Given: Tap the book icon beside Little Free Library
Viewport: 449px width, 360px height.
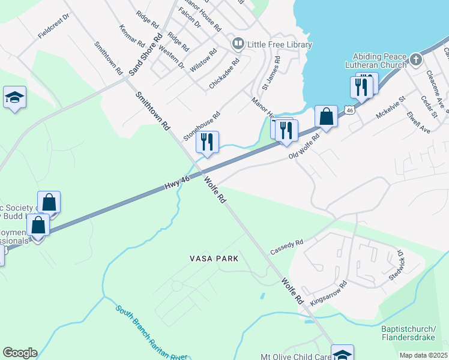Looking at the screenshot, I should tap(238, 44).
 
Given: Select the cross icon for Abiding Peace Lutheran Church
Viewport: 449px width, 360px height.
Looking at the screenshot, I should tap(415, 59).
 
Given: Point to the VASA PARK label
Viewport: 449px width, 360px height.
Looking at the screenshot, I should tap(214, 259).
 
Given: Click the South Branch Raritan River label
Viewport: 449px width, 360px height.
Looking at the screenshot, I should tap(152, 334).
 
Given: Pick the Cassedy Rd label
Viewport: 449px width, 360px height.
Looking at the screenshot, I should tap(287, 246).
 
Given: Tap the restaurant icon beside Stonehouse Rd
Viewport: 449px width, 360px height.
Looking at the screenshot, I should tap(207, 142).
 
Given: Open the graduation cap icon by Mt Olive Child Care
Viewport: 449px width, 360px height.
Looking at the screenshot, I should tap(342, 354).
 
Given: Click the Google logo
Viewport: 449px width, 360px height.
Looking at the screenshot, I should tap(20, 353).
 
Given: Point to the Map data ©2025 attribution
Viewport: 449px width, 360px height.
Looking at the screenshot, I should tap(423, 355).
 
